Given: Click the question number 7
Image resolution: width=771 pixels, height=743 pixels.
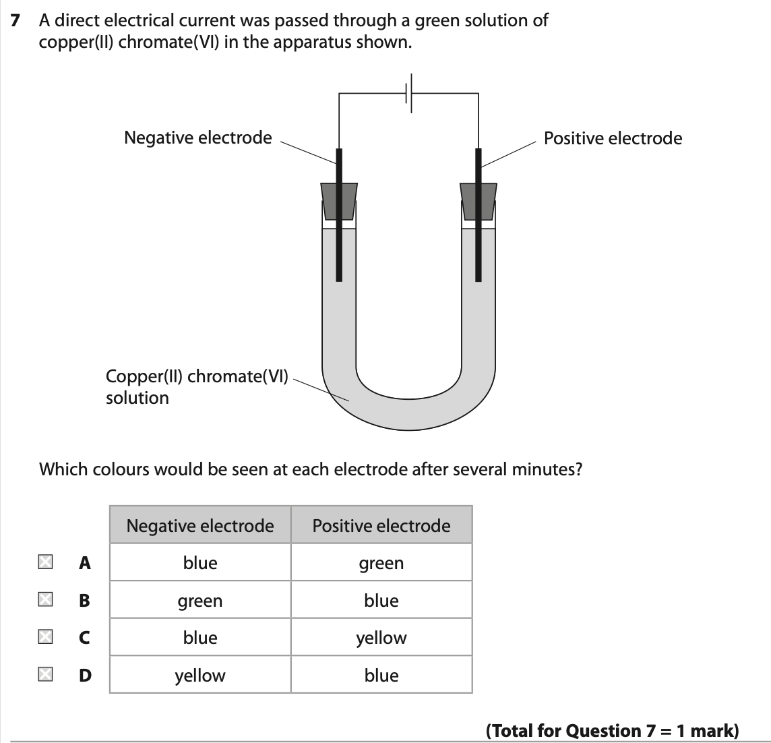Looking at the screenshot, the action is pyautogui.click(x=16, y=21).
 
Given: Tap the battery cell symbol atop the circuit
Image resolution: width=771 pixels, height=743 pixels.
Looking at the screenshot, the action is pyautogui.click(x=409, y=93).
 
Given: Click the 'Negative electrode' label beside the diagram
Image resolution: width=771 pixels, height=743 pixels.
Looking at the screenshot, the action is pyautogui.click(x=197, y=138).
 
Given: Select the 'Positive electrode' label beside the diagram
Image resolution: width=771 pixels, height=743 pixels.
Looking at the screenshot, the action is pyautogui.click(x=613, y=138).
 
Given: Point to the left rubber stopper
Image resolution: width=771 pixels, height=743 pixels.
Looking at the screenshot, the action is pyautogui.click(x=339, y=201).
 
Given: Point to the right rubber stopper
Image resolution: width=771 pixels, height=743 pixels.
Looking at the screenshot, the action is pyautogui.click(x=479, y=201).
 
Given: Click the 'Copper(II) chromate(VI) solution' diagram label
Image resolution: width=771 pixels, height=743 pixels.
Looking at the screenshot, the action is pyautogui.click(x=197, y=387).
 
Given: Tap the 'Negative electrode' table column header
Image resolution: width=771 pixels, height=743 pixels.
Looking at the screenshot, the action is pyautogui.click(x=200, y=525).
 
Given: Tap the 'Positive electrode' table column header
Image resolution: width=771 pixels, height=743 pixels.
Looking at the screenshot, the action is pyautogui.click(x=381, y=525).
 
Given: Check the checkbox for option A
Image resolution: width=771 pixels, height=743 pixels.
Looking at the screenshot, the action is pyautogui.click(x=45, y=562).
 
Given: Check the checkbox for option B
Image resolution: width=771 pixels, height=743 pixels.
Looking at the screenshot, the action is pyautogui.click(x=45, y=599).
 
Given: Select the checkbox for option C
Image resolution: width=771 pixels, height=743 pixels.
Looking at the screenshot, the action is pyautogui.click(x=45, y=636).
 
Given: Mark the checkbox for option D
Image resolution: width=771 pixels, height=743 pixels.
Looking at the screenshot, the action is pyautogui.click(x=45, y=674).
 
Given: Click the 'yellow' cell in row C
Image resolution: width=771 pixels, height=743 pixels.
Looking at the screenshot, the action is pyautogui.click(x=381, y=638).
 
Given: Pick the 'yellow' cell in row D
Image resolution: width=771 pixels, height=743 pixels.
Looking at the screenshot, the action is pyautogui.click(x=200, y=676).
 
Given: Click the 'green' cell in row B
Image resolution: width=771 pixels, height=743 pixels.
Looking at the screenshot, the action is pyautogui.click(x=200, y=601).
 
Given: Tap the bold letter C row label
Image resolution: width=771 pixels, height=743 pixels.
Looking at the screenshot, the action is pyautogui.click(x=84, y=637).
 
